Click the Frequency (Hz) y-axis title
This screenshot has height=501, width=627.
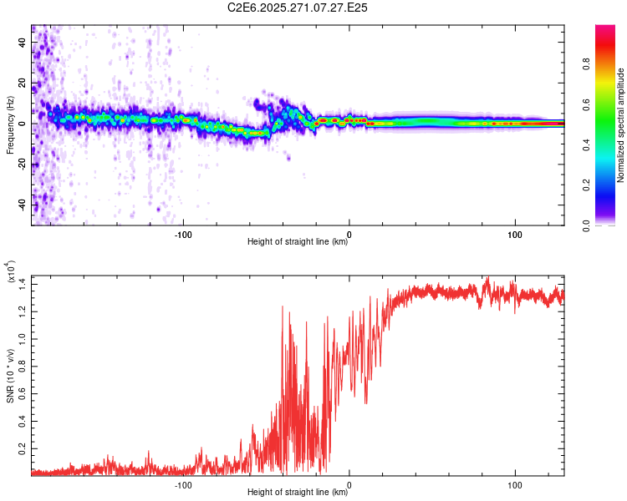coord(10,125)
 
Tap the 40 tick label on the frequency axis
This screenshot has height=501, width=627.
coord(23,43)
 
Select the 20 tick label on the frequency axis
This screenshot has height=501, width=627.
coord(23,83)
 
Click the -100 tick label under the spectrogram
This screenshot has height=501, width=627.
coord(184,234)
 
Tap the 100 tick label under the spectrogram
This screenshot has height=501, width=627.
coord(515,234)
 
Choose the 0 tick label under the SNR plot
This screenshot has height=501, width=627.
coord(349,484)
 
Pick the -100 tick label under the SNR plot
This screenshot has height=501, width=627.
coord(184,484)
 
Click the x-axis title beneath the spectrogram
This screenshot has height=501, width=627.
coord(298,242)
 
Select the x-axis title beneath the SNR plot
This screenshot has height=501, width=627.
coord(298,493)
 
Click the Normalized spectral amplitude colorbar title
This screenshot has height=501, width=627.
coord(620,125)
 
